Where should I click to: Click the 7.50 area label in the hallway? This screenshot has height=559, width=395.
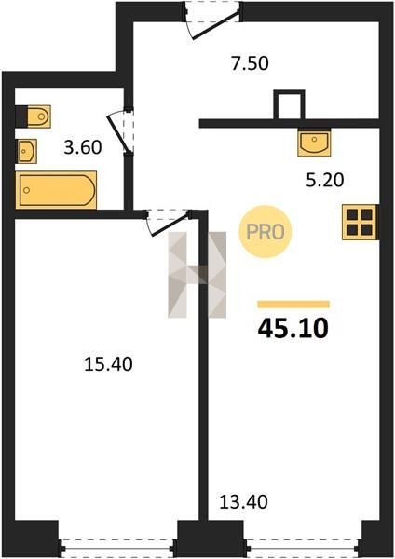click(250, 63)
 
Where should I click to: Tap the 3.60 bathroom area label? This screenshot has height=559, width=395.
click(83, 147)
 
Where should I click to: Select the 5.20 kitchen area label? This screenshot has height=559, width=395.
click(325, 181)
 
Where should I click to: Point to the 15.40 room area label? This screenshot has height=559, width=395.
click(108, 364)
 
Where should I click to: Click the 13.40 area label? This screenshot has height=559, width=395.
click(243, 501)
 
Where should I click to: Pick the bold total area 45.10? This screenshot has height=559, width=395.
click(293, 328)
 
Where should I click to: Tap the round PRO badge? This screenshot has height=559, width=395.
click(266, 232)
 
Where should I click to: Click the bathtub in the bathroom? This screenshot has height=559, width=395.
click(56, 190)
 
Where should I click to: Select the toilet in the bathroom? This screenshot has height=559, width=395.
click(34, 116)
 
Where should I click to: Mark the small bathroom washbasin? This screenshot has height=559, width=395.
click(26, 151)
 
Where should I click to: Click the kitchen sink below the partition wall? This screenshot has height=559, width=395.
click(314, 142)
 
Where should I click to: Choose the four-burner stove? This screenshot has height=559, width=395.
click(360, 222)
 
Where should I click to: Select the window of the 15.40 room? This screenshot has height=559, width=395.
click(118, 545)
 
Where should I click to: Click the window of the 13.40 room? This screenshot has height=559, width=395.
click(303, 545)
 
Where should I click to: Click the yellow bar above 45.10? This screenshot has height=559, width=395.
click(293, 304)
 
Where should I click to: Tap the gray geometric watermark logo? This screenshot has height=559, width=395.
click(197, 275)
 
